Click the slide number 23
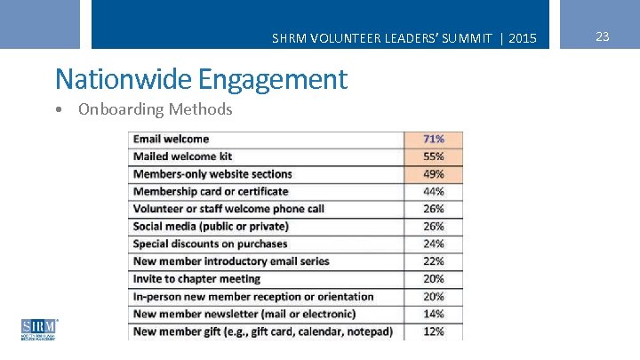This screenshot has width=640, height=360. [602, 36]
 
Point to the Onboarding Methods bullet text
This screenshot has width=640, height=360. [155, 109]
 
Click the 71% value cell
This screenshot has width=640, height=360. [433, 139]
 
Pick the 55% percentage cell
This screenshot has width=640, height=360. [433, 156]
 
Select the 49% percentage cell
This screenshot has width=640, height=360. [433, 174]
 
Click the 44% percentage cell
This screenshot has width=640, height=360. [433, 191]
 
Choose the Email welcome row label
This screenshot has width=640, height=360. [171, 139]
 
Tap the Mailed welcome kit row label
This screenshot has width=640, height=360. [181, 156]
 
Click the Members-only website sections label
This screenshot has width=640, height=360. [212, 174]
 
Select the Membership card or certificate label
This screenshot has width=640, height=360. [211, 191]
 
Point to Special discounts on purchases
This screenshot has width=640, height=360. [210, 244]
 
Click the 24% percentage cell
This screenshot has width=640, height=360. [433, 244]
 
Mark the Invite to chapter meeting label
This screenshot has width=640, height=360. [196, 279]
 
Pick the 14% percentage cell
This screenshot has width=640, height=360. [433, 314]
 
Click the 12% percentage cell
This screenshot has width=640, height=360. [433, 332]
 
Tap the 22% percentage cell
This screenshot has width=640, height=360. [433, 261]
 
